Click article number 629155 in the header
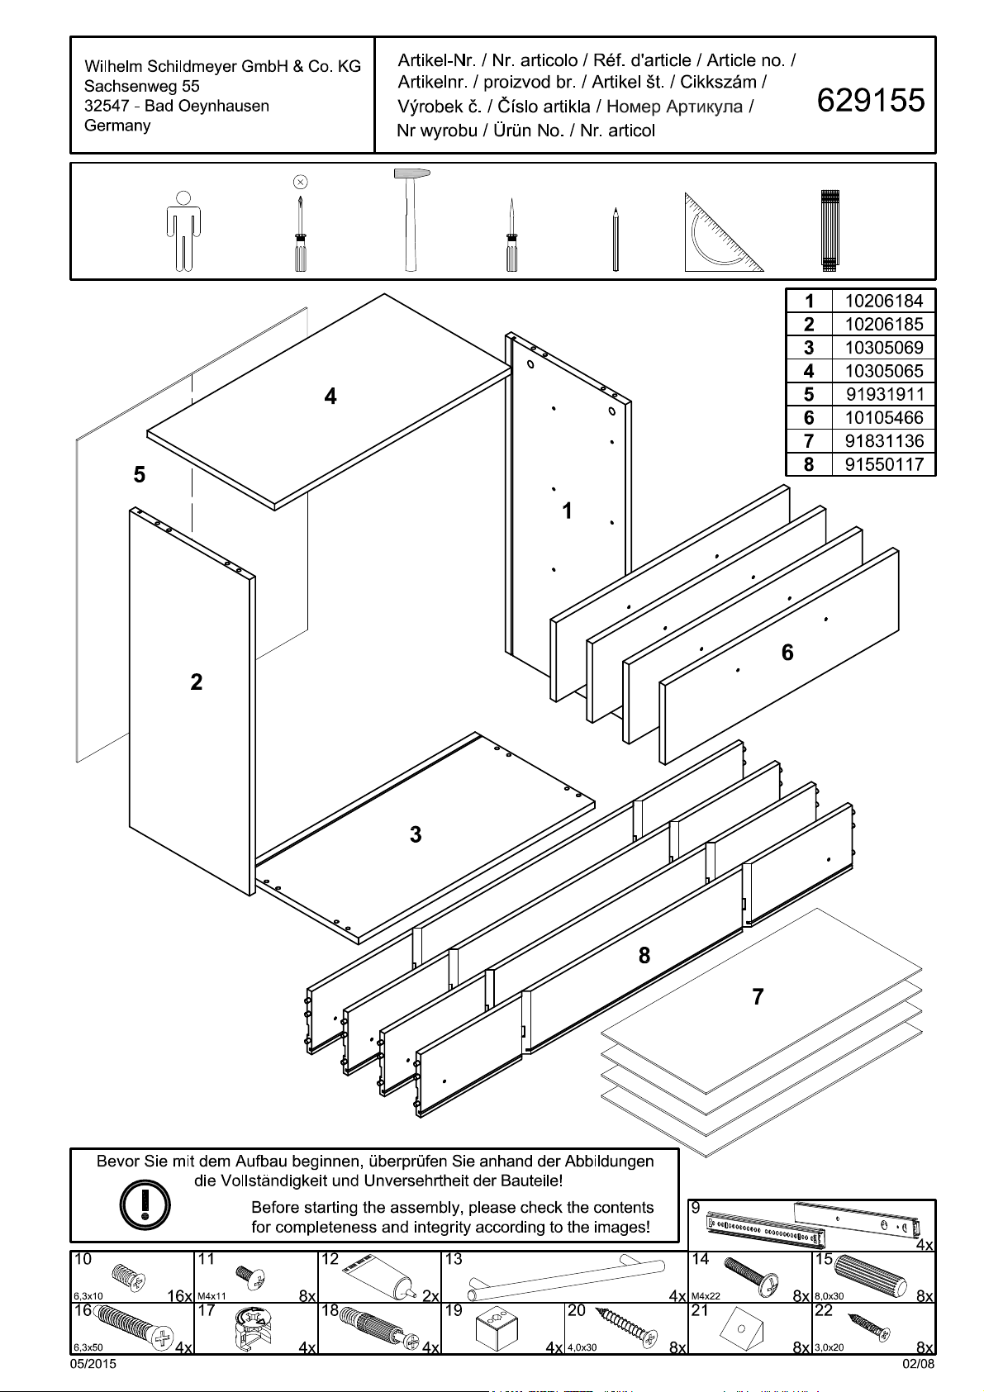(871, 101)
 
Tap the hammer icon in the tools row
(409, 220)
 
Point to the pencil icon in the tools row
(616, 240)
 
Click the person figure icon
(184, 230)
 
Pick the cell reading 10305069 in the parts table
(883, 348)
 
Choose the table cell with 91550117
(883, 464)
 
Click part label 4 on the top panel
(330, 397)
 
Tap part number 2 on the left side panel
(196, 682)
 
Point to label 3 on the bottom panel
(416, 835)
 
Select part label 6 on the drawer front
(787, 653)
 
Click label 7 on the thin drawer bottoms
(758, 997)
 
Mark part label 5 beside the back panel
(140, 475)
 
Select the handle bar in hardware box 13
(567, 1277)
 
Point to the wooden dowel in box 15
(872, 1276)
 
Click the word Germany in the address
(117, 126)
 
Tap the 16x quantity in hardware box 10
(179, 1296)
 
